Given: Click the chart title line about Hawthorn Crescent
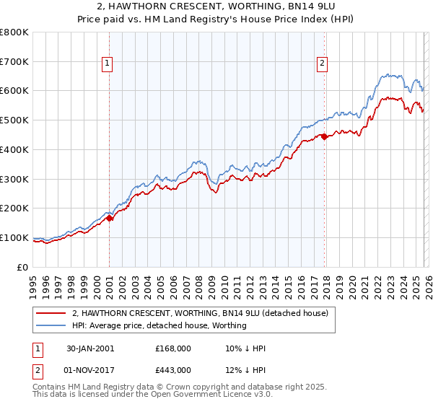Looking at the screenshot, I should [216, 6].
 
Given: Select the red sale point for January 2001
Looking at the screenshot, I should [110, 217].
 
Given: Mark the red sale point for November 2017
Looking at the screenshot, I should [324, 136].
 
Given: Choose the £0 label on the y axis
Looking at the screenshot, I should [23, 267].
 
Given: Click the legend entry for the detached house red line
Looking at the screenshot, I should [200, 313].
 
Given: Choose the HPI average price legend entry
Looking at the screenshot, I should [159, 325].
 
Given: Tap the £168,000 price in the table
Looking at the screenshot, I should [173, 348].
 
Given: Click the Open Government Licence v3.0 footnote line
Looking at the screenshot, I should [153, 395].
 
